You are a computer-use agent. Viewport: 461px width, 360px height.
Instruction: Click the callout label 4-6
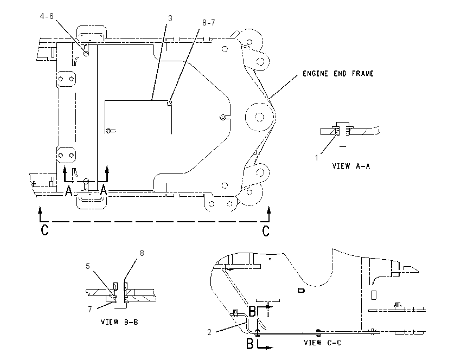point(47,16)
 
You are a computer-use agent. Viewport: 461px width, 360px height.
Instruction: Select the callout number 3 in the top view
point(170,18)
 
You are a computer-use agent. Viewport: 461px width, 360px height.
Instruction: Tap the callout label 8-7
point(208,23)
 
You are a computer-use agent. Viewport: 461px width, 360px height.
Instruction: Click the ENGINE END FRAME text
point(338,74)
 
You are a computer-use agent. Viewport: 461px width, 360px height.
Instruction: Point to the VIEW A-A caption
point(351,166)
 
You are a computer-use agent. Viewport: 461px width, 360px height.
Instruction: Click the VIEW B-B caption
point(119,322)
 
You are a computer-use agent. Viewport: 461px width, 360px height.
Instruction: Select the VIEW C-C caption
point(322,343)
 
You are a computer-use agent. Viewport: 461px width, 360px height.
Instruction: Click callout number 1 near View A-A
point(317,158)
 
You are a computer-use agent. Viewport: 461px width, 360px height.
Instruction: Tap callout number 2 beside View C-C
point(209,332)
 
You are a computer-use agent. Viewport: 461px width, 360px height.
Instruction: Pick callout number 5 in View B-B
point(88,266)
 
